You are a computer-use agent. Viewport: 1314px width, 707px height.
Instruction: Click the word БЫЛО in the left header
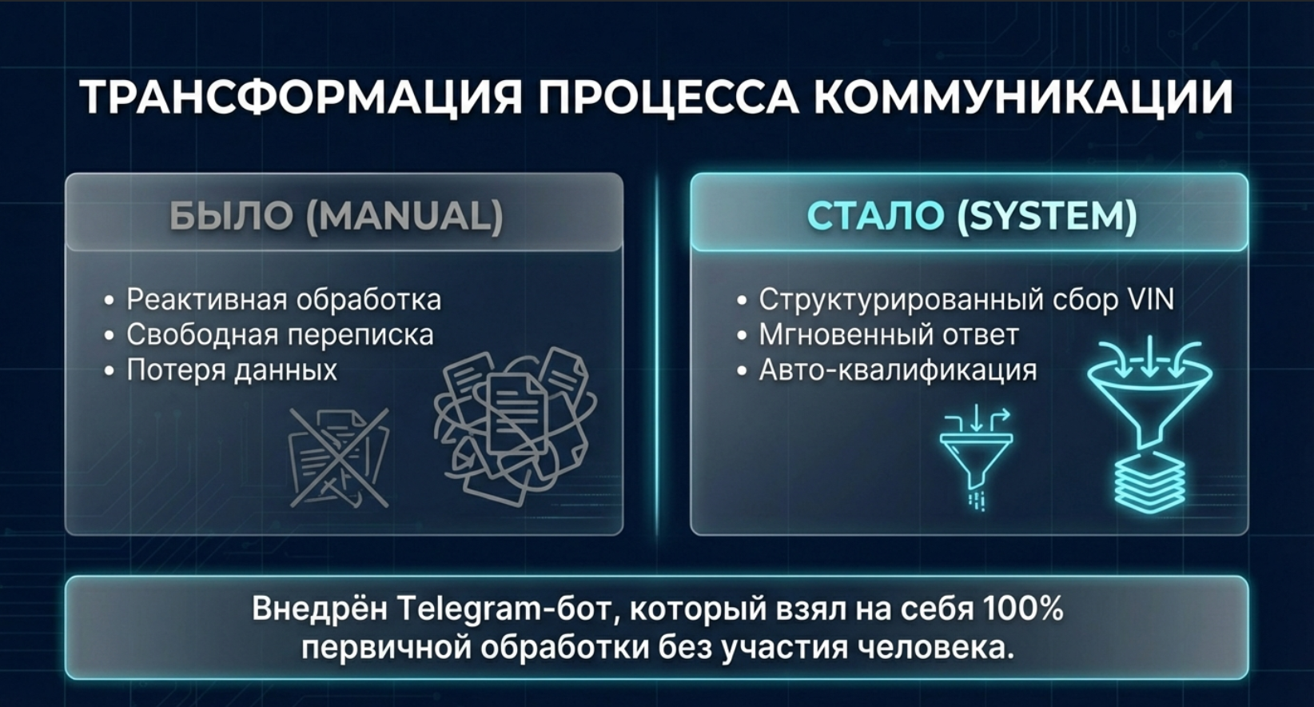point(231,215)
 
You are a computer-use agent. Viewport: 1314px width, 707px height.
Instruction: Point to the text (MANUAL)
point(404,215)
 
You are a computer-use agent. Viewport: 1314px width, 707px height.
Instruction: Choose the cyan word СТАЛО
point(876,215)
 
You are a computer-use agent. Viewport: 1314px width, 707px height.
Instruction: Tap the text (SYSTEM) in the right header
point(1047,215)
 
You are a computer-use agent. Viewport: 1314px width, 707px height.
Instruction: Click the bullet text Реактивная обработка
point(284,299)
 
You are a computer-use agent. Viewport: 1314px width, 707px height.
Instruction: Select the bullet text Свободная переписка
point(280,335)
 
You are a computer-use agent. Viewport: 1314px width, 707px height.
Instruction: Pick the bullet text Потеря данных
point(232,370)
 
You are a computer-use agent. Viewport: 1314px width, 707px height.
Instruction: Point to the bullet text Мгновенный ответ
point(889,335)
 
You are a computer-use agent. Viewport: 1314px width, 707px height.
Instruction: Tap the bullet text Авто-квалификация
point(898,370)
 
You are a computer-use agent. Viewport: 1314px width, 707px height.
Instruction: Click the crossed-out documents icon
point(339,458)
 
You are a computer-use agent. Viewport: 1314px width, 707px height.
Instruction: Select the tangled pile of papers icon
point(515,427)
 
